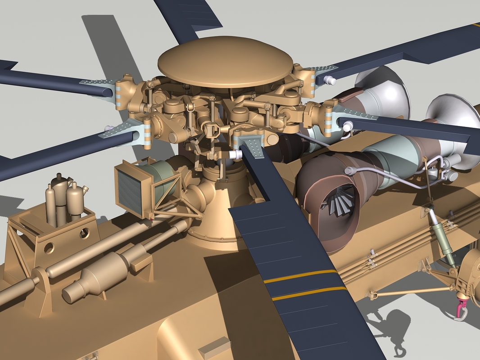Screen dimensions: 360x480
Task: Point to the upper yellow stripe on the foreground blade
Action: click(x=300, y=276)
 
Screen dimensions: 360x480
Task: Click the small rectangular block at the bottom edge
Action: click(x=214, y=348)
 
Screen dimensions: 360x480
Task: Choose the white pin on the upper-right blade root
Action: click(x=330, y=81)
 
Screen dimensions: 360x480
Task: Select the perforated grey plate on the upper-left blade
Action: click(x=97, y=82)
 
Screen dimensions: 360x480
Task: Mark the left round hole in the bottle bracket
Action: click(x=49, y=247)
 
